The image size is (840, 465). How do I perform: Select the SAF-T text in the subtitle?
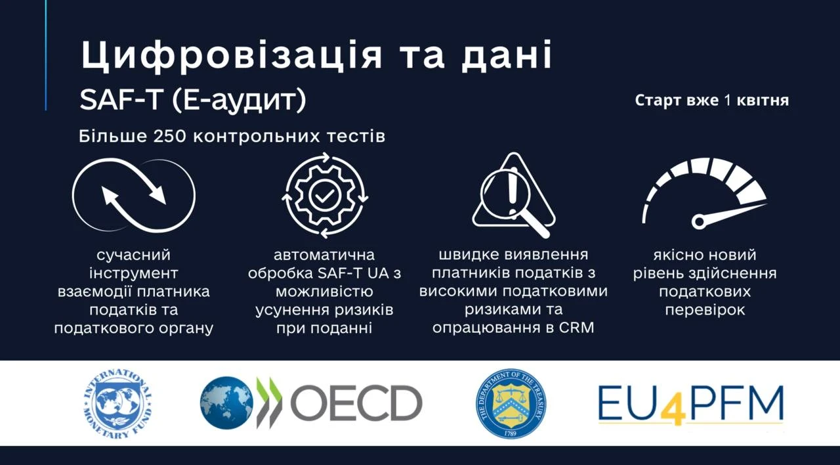(x=121, y=100)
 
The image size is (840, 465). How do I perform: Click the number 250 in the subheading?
(x=169, y=136)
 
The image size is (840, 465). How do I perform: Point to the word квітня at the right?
(x=763, y=100)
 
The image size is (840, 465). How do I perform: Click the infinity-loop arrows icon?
(x=134, y=195)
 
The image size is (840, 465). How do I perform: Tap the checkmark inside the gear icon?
(x=325, y=195)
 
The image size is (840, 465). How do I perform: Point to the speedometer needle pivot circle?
(x=698, y=221)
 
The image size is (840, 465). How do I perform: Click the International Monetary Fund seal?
(x=117, y=404)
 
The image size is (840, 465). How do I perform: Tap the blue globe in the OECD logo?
(x=226, y=403)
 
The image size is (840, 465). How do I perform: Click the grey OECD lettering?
(x=356, y=403)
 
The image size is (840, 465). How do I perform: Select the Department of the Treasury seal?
(x=511, y=403)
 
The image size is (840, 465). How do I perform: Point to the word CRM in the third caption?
(x=577, y=328)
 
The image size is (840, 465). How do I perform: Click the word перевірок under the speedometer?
(x=705, y=311)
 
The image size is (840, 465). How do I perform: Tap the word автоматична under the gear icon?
(x=324, y=255)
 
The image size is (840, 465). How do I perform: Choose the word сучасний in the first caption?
(x=133, y=255)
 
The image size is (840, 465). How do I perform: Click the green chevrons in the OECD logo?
(x=269, y=403)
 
